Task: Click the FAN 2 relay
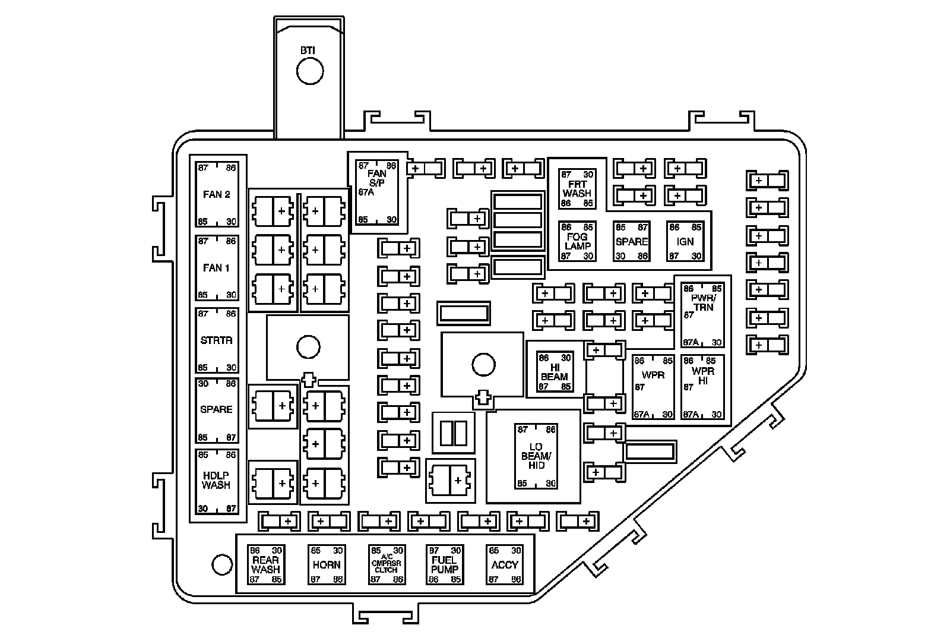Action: pos(217,194)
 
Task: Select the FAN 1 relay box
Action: pos(217,268)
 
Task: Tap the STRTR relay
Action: pos(217,340)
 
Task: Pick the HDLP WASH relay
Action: pos(217,481)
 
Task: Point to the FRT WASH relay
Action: pos(577,189)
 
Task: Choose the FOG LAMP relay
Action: pos(577,241)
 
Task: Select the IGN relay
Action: pos(685,241)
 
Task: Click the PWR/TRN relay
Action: pos(703,315)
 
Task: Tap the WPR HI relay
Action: pos(703,387)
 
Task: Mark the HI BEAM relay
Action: pos(555,372)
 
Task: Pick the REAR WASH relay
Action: pos(265,564)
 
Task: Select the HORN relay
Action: pos(326,564)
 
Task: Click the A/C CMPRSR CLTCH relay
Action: pos(386,564)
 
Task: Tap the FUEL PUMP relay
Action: pos(445,564)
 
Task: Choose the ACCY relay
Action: pos(505,564)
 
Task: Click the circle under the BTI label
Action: pos(310,72)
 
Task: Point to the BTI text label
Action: pos(308,51)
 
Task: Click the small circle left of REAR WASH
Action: pos(221,564)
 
